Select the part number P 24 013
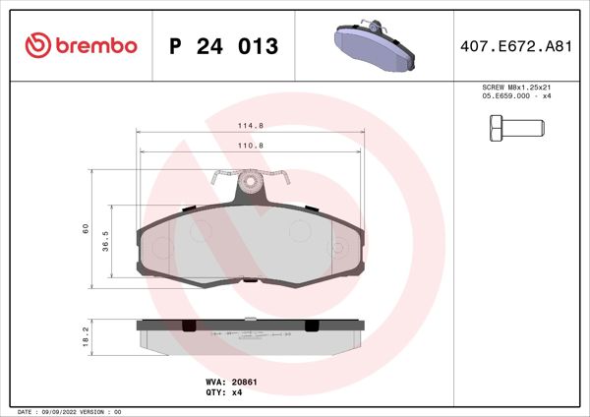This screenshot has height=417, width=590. (x=224, y=46)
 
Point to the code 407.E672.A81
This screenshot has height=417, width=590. (x=516, y=46)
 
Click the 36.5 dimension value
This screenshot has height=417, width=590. (x=106, y=242)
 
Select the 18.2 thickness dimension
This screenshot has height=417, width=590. (x=87, y=336)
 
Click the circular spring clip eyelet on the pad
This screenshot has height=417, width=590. (x=251, y=181)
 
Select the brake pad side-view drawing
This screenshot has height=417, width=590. (x=251, y=337)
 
